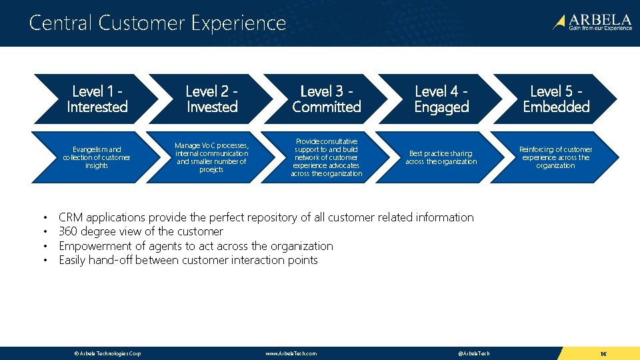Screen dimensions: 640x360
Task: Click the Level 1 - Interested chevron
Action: (x=97, y=99)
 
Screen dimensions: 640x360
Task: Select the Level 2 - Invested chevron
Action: (x=212, y=99)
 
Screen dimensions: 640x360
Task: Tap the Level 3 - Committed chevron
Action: (x=327, y=99)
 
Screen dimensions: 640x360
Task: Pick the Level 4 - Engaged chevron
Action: (x=441, y=99)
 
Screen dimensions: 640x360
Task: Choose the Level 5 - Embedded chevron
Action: (x=556, y=99)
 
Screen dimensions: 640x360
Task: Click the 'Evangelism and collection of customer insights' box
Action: (x=97, y=157)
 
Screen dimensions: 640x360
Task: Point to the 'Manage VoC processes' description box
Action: (x=212, y=157)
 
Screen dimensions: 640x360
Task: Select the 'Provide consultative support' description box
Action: (x=327, y=157)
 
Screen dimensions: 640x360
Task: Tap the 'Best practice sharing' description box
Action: (x=441, y=157)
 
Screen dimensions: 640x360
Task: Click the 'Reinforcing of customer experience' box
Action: (x=556, y=157)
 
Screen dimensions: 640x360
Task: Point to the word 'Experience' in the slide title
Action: (x=238, y=23)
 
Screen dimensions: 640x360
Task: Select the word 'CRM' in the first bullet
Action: (x=73, y=217)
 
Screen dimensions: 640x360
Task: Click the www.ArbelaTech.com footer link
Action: (x=291, y=353)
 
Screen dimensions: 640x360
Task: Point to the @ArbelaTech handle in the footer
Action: (x=474, y=353)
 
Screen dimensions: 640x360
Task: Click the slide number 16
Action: (x=602, y=353)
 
